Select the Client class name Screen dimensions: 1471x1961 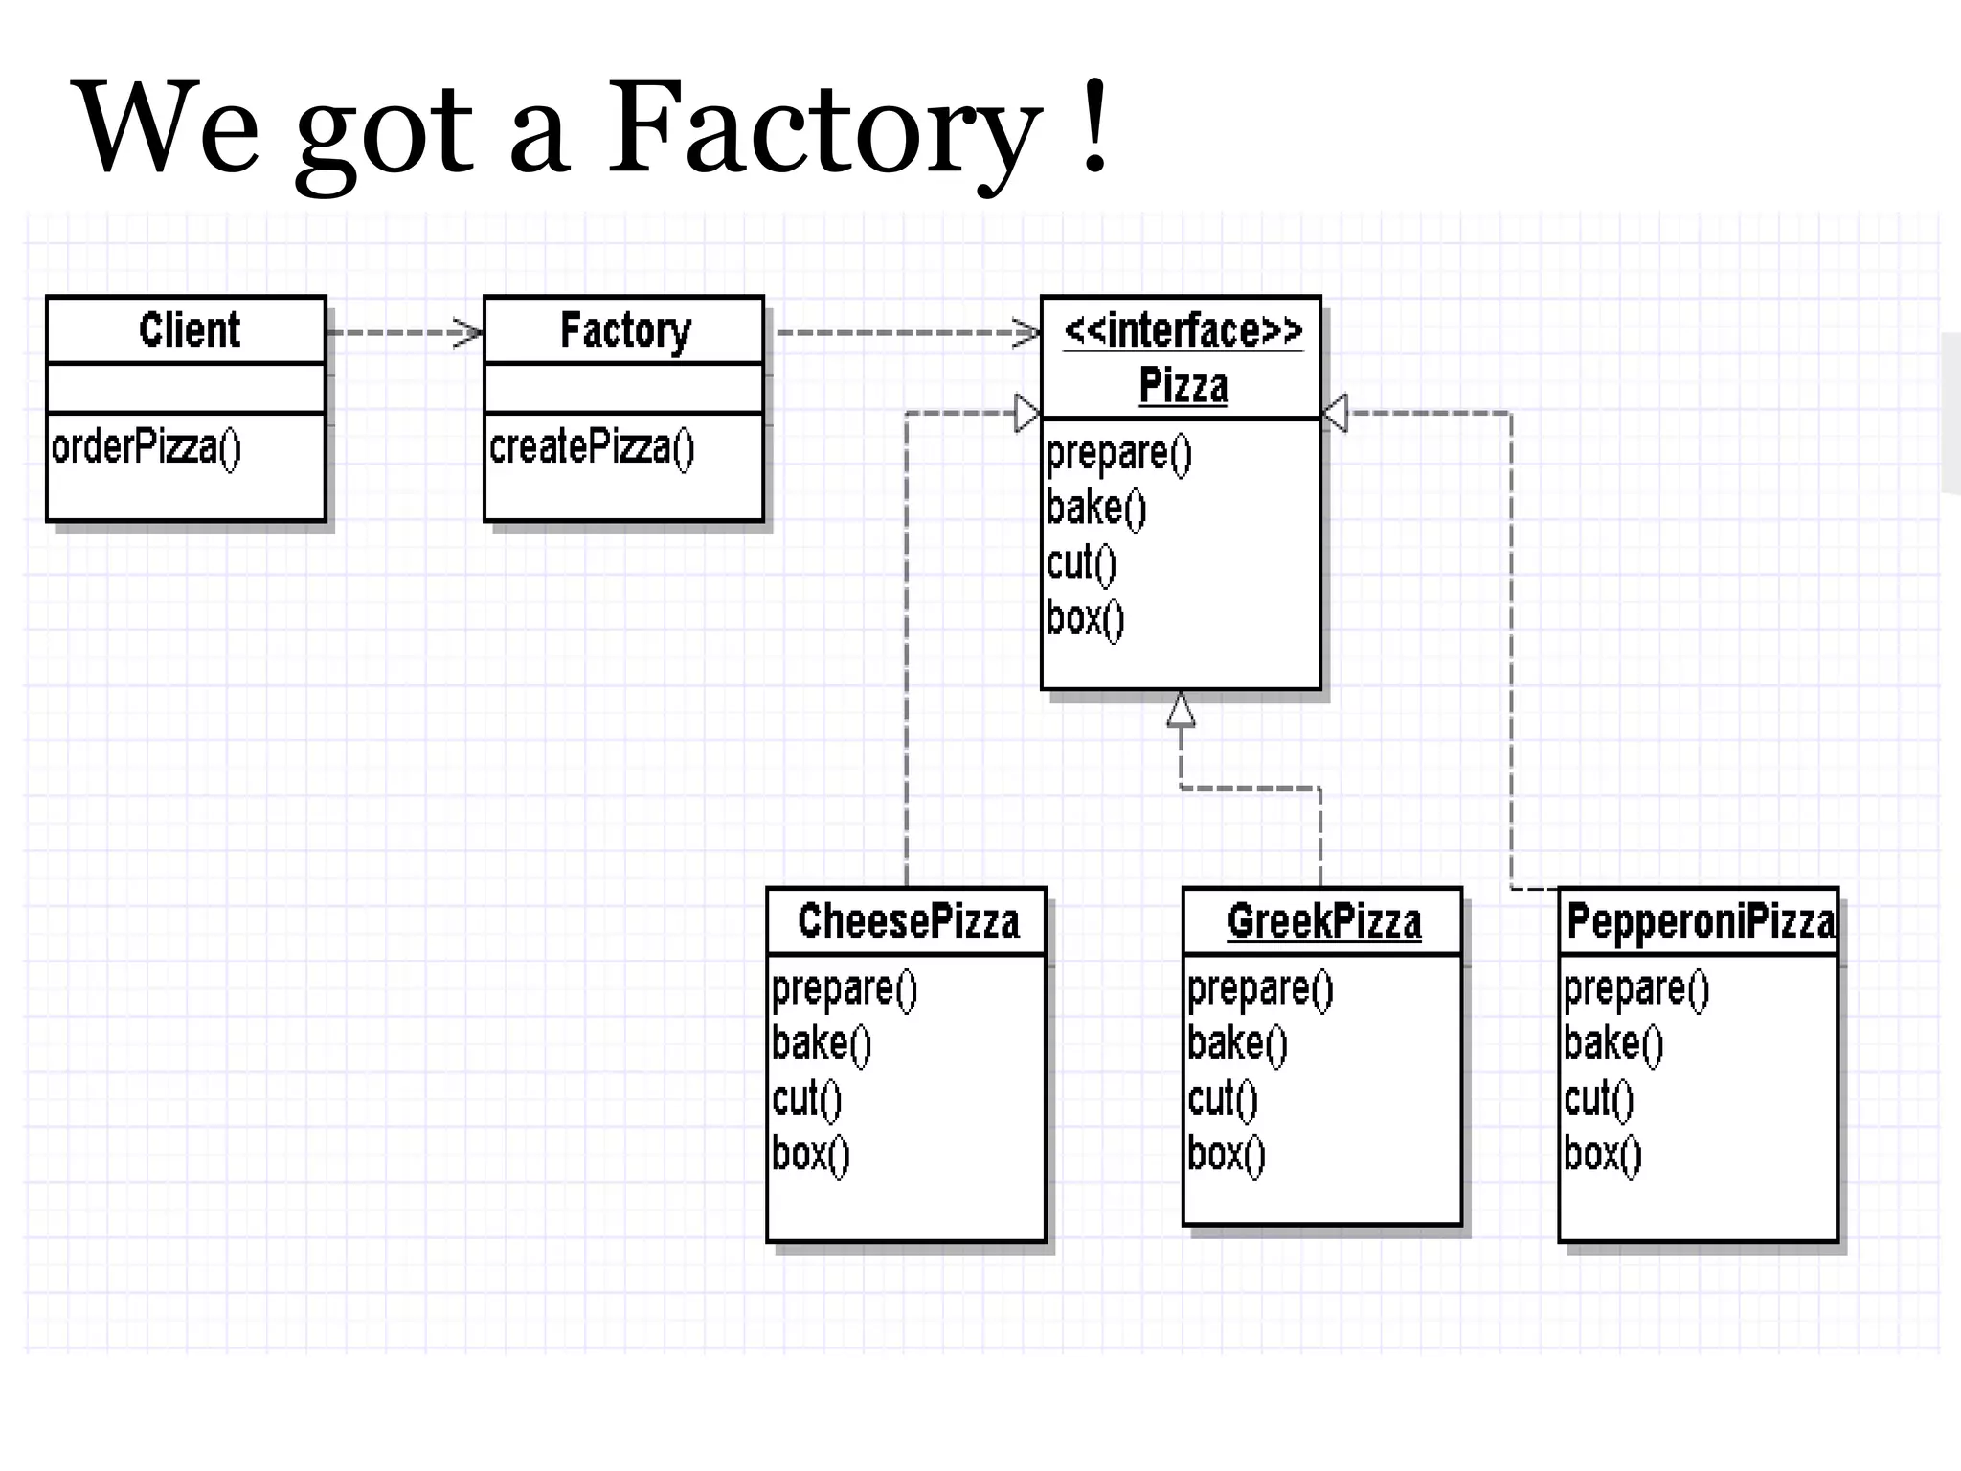189,329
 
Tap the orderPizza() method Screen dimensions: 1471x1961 147,447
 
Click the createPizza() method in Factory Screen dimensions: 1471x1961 591,447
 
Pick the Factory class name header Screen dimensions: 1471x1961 624,330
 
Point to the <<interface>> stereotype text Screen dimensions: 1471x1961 1183,330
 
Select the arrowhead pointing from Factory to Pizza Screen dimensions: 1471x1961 1027,333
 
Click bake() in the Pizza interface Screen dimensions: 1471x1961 1095,508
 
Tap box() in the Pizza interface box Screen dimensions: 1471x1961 1085,619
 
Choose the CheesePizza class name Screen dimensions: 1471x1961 908,921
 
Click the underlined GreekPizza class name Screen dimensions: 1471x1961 1323,921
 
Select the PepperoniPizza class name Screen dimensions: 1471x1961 1700,921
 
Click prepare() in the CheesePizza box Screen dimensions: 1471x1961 844,988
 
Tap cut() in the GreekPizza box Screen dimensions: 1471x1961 1222,1098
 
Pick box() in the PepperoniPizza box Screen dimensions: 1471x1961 1602,1154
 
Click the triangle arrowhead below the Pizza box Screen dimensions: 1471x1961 1181,711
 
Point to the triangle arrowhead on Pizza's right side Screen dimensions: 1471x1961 1336,413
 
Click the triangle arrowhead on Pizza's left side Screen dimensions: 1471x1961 1026,413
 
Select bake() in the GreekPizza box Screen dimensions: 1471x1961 1236,1044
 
